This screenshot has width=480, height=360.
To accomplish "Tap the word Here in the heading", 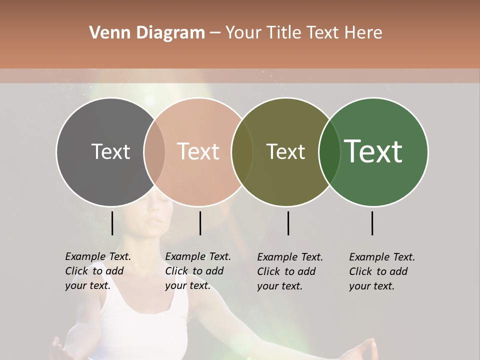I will point(362,33).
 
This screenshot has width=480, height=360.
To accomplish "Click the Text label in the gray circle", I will point(110,151).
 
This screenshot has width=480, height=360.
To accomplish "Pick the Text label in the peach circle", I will point(198,151).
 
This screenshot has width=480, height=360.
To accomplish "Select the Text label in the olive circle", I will point(285,151).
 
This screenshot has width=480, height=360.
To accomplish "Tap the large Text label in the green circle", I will point(373,151).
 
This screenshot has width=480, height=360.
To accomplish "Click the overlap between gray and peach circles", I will point(154,152).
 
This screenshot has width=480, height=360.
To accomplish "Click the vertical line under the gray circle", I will point(112,223).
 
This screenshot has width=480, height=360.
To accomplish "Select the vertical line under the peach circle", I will point(200,223).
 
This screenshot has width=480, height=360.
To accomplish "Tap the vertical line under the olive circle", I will point(288,223).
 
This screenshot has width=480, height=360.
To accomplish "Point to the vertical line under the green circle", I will point(372,223).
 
